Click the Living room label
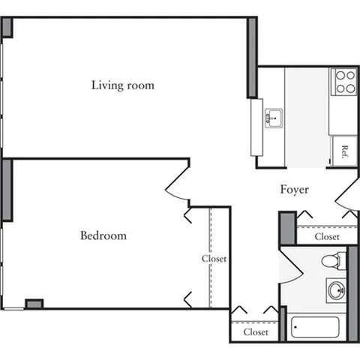[x=123, y=85]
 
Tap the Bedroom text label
[x=103, y=235]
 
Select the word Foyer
[x=295, y=190]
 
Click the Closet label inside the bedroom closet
[x=214, y=259]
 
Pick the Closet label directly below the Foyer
[x=326, y=236]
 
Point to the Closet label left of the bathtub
[x=256, y=331]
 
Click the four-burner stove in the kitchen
[x=344, y=82]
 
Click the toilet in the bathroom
[x=331, y=261]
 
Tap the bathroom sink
[x=337, y=289]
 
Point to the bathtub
[x=314, y=328]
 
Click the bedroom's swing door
[x=177, y=184]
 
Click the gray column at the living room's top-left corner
[x=7, y=27]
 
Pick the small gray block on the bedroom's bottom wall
[x=34, y=304]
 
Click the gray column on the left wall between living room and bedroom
[x=7, y=189]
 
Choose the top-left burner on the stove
[x=339, y=76]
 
